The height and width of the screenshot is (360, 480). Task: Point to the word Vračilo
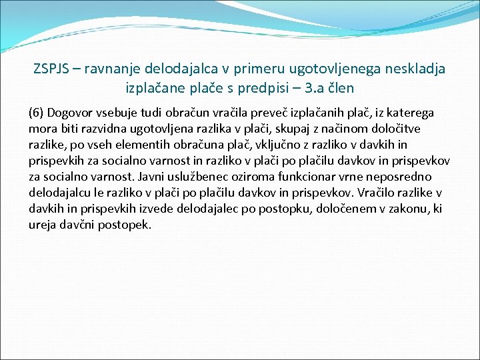point(377,193)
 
